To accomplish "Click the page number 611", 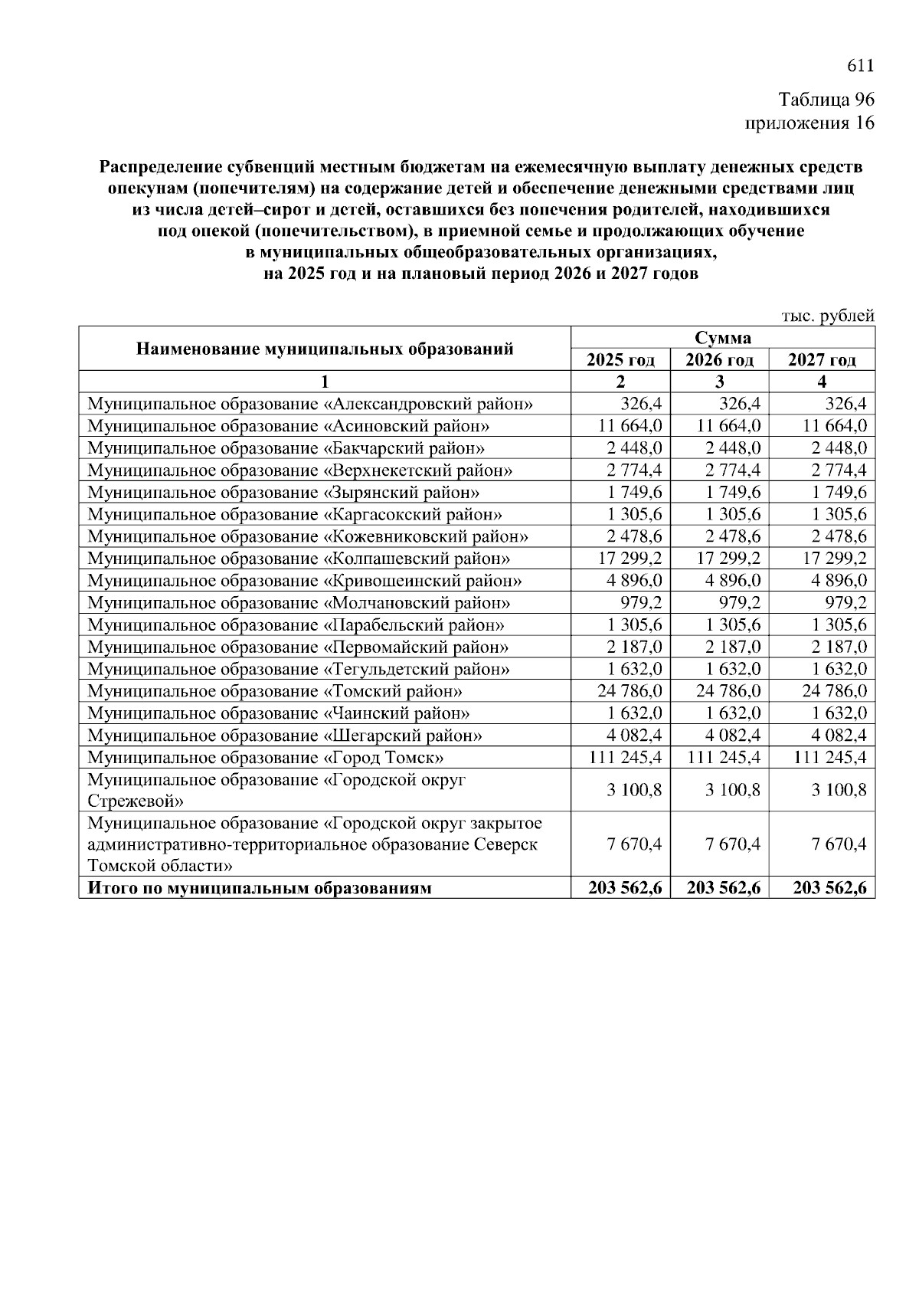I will click(860, 67).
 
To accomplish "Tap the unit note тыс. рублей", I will click(827, 316).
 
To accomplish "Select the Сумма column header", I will click(722, 338).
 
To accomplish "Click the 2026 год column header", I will click(719, 359).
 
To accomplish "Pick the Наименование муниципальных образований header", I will click(325, 349).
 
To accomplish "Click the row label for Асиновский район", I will click(289, 426).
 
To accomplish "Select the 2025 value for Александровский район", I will click(641, 404).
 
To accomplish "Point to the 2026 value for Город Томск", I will click(724, 758).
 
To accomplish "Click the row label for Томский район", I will click(275, 692).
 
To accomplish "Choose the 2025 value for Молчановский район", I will click(641, 603).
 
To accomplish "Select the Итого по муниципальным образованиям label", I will click(260, 889).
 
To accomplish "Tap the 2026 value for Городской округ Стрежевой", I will click(732, 790).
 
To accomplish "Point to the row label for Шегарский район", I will click(285, 736).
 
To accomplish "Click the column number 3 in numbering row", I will click(719, 382).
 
